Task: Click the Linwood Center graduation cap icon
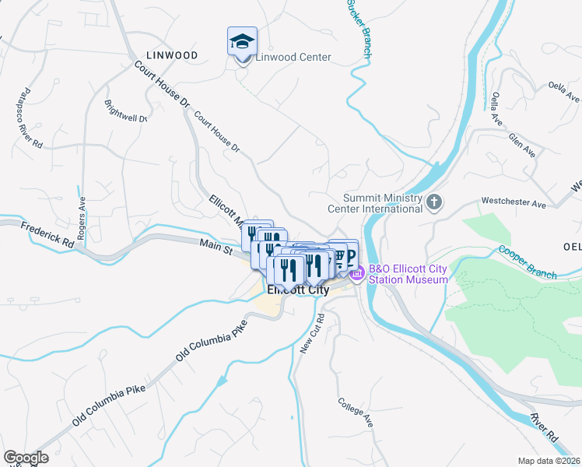[x=242, y=41]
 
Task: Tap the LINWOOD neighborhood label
[x=172, y=55]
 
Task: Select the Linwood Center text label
[x=293, y=57]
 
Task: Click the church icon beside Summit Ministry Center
[x=434, y=203]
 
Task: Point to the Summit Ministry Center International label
[x=385, y=203]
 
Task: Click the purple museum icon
[x=357, y=274]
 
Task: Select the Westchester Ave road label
[x=514, y=203]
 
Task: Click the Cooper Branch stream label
[x=528, y=263]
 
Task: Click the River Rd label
[x=545, y=428]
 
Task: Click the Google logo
[x=26, y=458]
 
